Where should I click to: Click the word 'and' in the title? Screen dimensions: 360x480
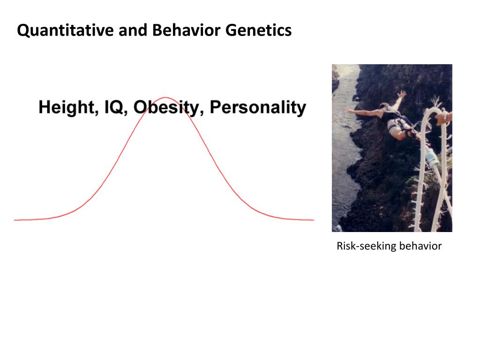point(132,31)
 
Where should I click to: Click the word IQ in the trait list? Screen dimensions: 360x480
point(113,107)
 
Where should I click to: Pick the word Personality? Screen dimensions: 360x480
point(258,107)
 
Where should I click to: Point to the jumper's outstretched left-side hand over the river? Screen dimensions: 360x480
point(349,110)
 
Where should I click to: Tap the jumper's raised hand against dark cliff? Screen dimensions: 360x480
point(402,94)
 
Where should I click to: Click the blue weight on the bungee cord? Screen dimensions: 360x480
point(432,165)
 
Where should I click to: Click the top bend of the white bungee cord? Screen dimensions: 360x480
point(432,112)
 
